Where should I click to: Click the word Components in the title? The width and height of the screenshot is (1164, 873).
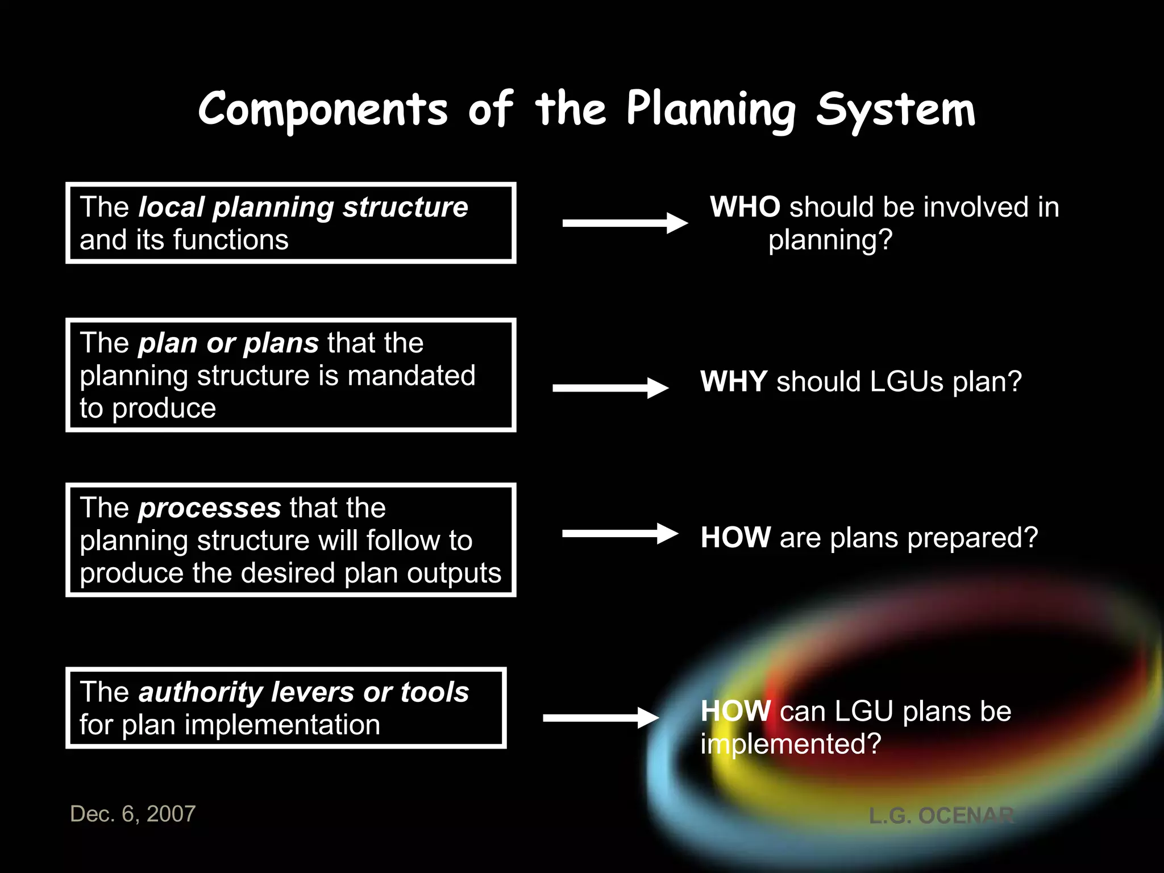(323, 109)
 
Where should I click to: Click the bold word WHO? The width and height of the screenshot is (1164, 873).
(745, 207)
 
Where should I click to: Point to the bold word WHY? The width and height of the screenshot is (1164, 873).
(734, 381)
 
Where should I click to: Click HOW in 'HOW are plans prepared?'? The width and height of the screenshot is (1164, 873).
(735, 538)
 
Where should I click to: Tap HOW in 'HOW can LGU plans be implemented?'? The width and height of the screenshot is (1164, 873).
(735, 711)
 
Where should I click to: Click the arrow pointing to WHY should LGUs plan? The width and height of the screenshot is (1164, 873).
(610, 388)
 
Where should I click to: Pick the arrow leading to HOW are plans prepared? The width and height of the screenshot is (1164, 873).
(620, 533)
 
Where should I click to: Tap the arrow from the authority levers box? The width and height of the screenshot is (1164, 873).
(600, 718)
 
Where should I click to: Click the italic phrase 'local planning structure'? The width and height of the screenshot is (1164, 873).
(303, 207)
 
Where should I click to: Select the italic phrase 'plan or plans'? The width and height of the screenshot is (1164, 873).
(228, 343)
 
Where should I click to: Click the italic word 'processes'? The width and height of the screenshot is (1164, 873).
(210, 508)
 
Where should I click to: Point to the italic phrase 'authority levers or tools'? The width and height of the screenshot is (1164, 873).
(304, 692)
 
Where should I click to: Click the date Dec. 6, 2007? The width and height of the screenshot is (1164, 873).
(132, 814)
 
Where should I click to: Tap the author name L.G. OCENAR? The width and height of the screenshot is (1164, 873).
(941, 816)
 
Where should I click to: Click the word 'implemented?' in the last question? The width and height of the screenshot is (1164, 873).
(791, 744)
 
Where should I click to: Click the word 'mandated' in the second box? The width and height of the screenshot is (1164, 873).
(411, 376)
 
